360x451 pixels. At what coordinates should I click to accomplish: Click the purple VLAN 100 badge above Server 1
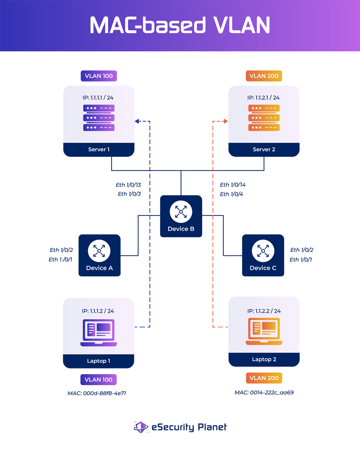(99, 76)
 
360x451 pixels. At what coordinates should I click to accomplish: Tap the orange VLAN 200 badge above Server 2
(264, 76)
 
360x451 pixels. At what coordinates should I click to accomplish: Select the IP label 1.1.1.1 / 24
(98, 98)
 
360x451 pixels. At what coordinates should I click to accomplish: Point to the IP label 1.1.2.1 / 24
(263, 98)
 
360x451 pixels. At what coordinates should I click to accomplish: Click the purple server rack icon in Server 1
(99, 118)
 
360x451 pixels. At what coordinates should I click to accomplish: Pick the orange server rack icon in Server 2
(264, 118)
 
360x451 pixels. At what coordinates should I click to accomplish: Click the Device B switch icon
(181, 212)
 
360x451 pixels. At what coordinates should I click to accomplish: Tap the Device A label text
(99, 268)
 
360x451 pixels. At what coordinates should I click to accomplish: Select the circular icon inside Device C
(263, 251)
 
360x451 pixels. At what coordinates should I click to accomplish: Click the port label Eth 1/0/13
(128, 185)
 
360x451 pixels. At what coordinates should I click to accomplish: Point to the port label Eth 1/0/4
(231, 194)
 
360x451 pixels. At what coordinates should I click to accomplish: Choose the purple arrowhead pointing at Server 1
(137, 121)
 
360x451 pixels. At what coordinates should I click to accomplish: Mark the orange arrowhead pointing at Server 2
(226, 121)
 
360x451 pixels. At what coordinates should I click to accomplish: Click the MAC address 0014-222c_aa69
(264, 393)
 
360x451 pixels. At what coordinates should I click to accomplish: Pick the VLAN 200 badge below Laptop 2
(264, 378)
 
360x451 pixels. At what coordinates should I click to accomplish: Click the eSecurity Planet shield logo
(141, 427)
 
